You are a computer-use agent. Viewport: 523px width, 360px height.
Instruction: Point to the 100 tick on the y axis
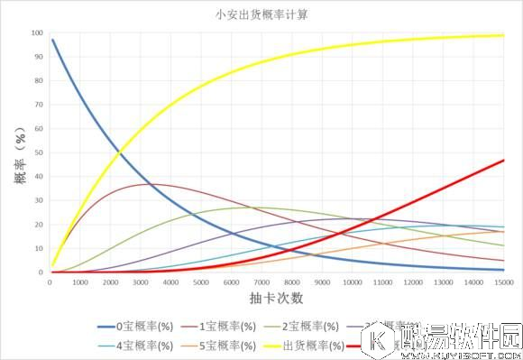[37, 33]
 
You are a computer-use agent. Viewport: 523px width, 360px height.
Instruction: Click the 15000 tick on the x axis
[503, 282]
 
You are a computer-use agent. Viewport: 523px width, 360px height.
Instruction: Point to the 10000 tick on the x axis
[352, 282]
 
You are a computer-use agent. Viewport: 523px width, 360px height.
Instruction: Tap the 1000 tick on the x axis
[79, 282]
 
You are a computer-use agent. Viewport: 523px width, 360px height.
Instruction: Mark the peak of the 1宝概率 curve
[151, 184]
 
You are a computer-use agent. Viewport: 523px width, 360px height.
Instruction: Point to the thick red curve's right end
[503, 160]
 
